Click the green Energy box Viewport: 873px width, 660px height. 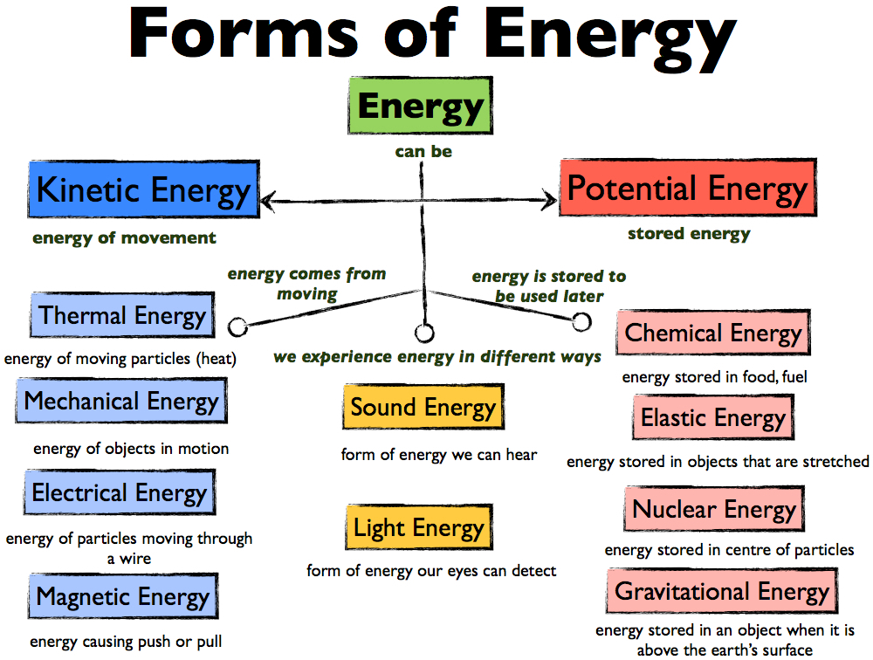click(421, 106)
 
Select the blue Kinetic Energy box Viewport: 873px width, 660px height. click(144, 189)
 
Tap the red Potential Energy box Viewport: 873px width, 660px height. click(688, 188)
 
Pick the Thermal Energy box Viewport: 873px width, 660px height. click(122, 315)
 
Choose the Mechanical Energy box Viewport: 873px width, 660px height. click(121, 401)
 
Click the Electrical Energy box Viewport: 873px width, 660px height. click(120, 492)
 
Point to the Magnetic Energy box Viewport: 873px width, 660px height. click(123, 596)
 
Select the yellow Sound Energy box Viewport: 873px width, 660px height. click(423, 407)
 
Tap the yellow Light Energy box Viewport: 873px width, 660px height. click(419, 527)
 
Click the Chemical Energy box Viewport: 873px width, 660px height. click(713, 333)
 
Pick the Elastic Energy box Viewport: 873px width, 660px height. click(713, 417)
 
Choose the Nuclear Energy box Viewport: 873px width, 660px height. click(714, 508)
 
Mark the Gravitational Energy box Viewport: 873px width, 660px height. click(722, 590)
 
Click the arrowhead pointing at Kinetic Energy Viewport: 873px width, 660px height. click(268, 201)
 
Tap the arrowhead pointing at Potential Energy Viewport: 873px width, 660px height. click(549, 201)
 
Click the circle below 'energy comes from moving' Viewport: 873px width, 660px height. click(237, 327)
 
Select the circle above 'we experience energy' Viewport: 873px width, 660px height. click(424, 333)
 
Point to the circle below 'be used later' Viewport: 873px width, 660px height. click(581, 321)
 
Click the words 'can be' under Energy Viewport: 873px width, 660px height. click(423, 152)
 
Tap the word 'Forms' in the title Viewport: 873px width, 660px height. click(243, 32)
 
